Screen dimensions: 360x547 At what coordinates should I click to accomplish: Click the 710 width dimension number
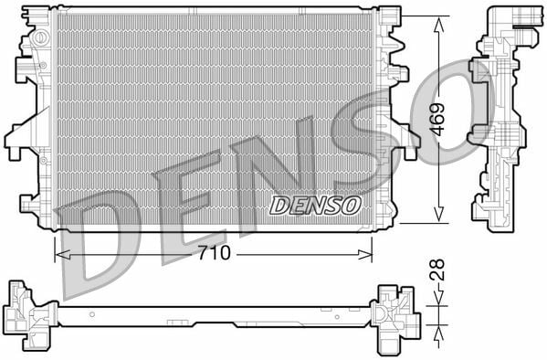(x=216, y=252)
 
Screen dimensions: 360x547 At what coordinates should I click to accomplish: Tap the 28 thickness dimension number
(x=438, y=271)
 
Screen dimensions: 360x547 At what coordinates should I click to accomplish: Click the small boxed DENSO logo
(x=316, y=205)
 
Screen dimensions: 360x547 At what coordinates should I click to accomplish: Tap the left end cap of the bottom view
(x=27, y=316)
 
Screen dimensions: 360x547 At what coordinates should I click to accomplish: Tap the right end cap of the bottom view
(x=395, y=316)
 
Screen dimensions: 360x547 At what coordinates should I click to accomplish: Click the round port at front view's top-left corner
(x=40, y=38)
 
